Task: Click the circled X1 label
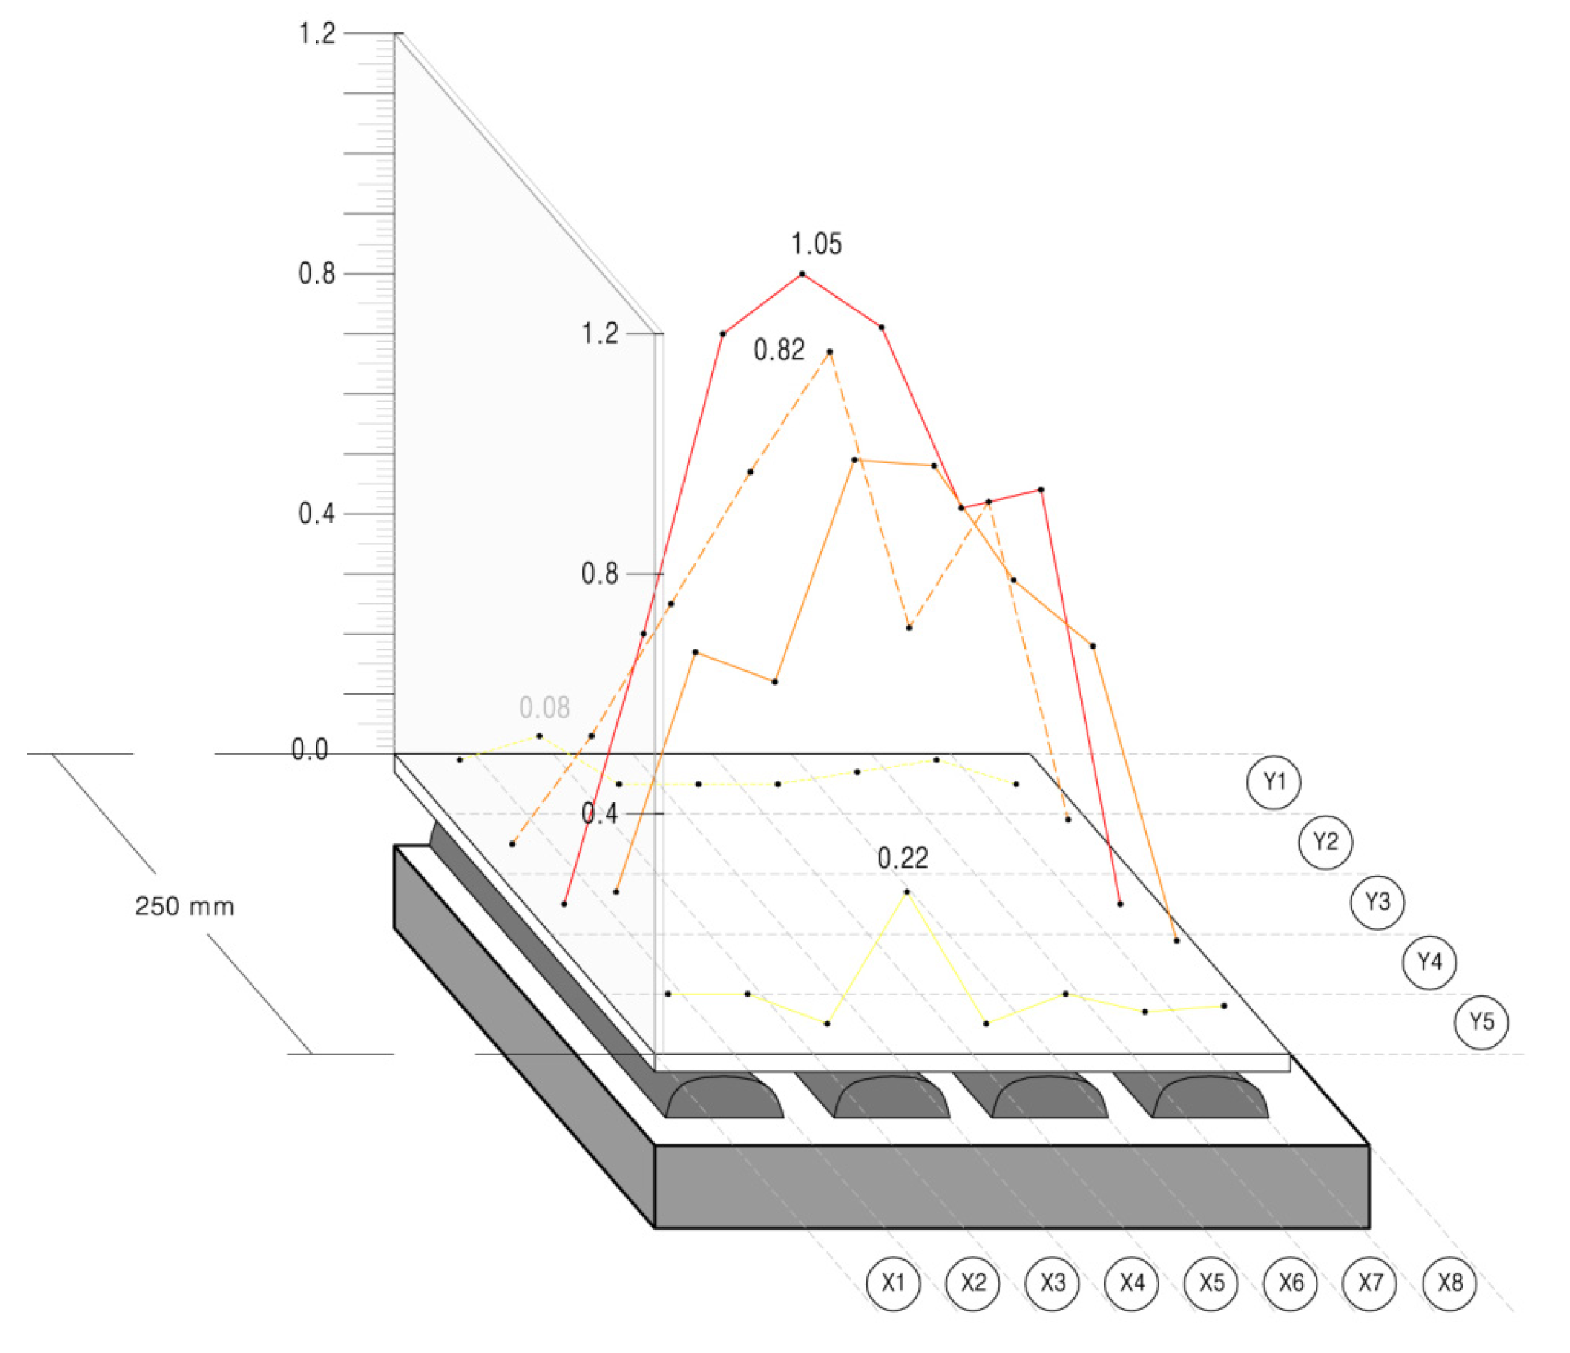[893, 1283]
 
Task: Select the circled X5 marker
[1211, 1283]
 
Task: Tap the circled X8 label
[1450, 1283]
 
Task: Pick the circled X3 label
[1052, 1283]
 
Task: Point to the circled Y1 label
[1274, 782]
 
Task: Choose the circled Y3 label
[1378, 902]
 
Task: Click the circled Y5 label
[1481, 1022]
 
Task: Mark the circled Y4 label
[1429, 962]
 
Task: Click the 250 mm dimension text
[185, 907]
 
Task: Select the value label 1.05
[816, 244]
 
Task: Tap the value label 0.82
[779, 351]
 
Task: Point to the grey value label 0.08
[544, 709]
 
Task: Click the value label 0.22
[902, 859]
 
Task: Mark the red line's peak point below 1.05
[802, 274]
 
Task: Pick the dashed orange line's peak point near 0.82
[830, 352]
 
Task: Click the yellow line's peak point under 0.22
[907, 892]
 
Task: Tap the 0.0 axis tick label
[309, 750]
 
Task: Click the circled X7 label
[1369, 1283]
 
